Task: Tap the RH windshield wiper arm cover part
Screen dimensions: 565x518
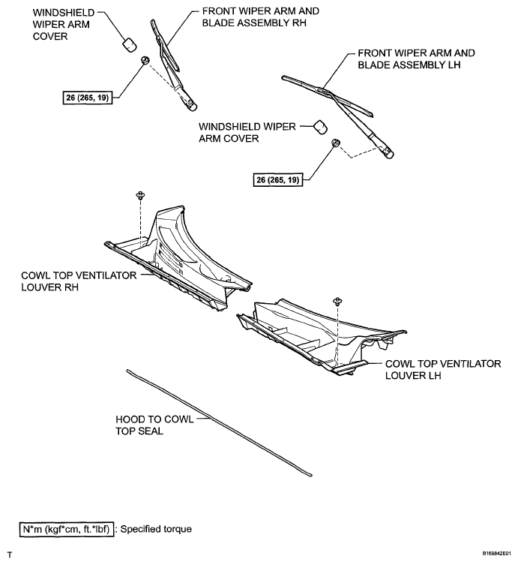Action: coord(128,41)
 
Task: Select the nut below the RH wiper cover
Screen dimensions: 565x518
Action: coord(145,59)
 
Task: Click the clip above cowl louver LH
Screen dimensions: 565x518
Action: coord(337,300)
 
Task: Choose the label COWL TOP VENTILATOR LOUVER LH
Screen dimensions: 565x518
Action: coord(442,368)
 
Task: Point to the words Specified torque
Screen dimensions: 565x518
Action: coord(157,529)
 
